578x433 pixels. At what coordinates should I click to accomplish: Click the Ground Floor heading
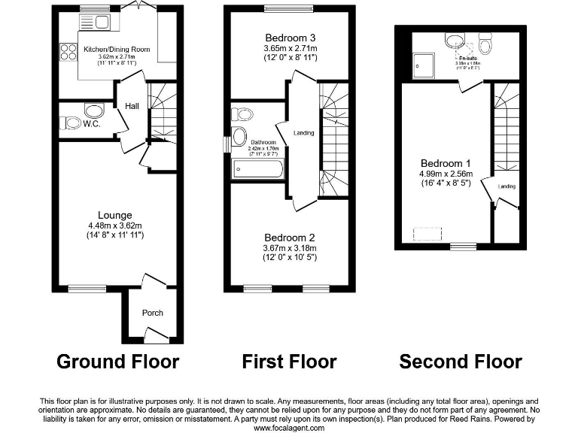118,362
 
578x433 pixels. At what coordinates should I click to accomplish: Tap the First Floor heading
289,362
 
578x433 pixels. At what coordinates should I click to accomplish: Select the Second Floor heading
461,362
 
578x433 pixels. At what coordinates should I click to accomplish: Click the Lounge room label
114,216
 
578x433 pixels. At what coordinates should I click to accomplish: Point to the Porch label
153,313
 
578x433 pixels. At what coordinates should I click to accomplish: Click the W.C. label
93,124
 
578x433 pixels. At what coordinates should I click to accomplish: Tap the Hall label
132,107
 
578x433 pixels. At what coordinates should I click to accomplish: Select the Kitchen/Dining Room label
116,49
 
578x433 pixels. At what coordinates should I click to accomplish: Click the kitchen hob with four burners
68,51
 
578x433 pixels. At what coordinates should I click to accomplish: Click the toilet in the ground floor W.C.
70,123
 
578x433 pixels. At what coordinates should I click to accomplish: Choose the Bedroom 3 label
291,38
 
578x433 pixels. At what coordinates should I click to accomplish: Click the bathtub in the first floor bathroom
258,169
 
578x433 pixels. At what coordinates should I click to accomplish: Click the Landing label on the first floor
304,133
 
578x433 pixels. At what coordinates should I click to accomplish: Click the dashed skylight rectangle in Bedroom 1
427,234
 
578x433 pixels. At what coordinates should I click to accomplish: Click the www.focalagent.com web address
288,428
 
